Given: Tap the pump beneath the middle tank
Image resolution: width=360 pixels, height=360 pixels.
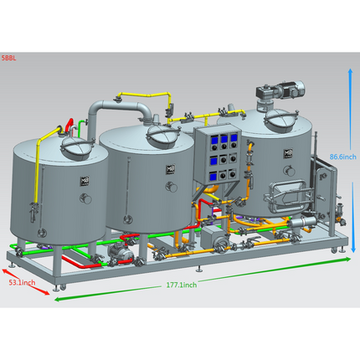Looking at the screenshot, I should point(124,249).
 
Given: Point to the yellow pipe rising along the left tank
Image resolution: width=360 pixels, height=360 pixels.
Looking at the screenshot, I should point(37,167).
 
